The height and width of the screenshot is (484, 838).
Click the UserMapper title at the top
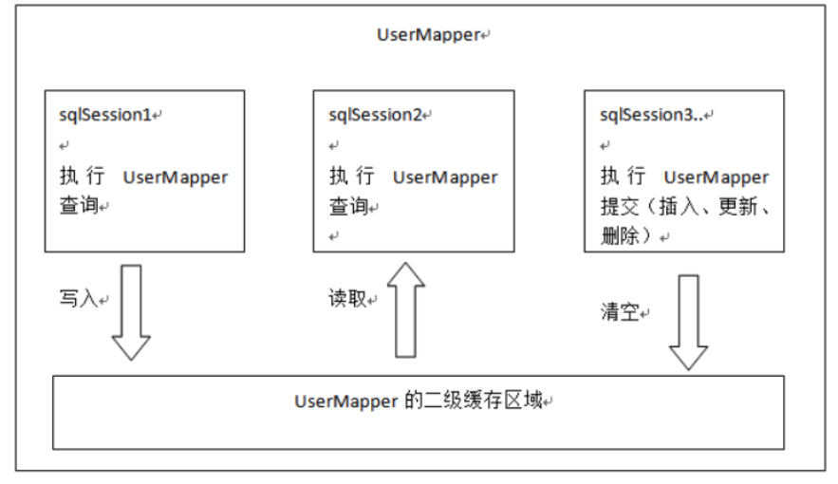pos(429,35)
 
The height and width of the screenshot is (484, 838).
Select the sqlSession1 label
pos(105,114)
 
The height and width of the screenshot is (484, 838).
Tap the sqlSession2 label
pos(375,114)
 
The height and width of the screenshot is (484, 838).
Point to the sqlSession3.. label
pos(651,114)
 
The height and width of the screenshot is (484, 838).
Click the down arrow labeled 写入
pos(131,312)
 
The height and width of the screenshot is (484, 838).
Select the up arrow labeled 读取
pos(405,309)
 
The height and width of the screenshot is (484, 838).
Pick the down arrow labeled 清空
pos(688,323)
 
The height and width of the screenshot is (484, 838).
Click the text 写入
pos(79,298)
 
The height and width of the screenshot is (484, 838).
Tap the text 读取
pos(347,298)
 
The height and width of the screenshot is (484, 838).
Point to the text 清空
pos(620,312)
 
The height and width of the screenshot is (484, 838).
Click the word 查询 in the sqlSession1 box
pos(79,205)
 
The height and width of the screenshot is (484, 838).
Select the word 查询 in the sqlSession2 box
pos(348,206)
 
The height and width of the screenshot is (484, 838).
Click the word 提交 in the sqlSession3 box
pos(620,206)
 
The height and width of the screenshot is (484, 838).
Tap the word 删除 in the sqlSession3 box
pos(620,235)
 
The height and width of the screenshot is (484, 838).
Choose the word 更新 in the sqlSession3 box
pos(738,206)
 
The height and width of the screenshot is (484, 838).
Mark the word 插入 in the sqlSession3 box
pos(679,206)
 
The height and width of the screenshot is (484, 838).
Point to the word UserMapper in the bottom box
pos(346,401)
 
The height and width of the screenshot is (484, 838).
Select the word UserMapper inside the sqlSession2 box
pos(445,177)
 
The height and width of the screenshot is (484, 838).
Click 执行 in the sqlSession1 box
pos(83,176)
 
